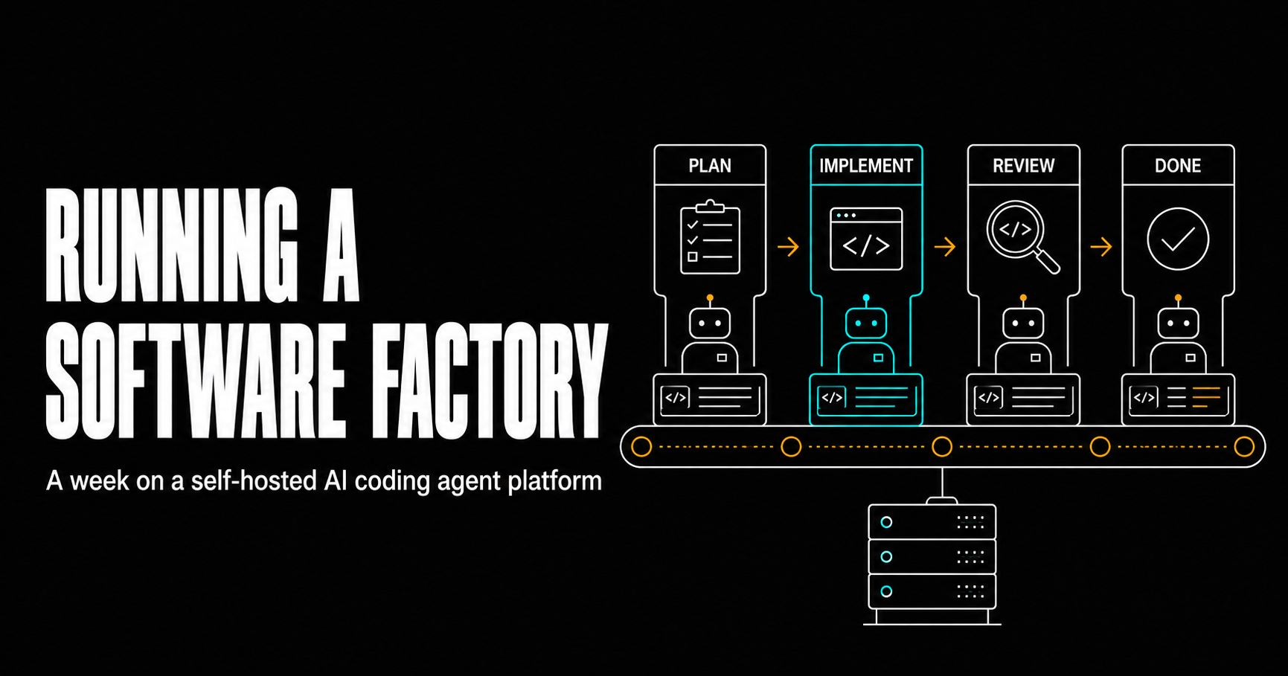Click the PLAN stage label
(x=710, y=166)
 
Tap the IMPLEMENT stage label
(x=866, y=166)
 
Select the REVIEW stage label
(x=1023, y=166)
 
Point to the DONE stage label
(x=1178, y=166)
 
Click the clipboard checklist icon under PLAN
(x=710, y=238)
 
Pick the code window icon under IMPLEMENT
(x=866, y=239)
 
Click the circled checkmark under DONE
(x=1178, y=239)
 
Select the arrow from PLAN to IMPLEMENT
(x=788, y=246)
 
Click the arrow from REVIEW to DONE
(x=1101, y=246)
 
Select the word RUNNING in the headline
(x=172, y=245)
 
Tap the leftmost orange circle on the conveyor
(x=641, y=446)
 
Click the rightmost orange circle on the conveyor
(x=1244, y=446)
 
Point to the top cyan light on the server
(x=886, y=522)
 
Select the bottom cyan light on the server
(x=886, y=591)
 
